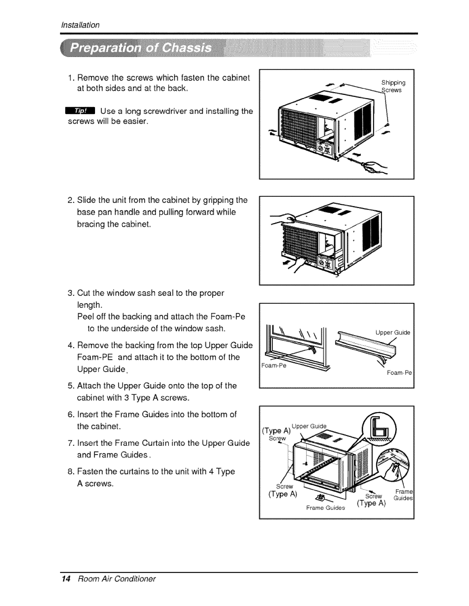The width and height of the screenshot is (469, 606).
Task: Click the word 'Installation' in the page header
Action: pos(80,25)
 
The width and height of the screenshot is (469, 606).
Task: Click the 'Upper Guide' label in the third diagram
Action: pos(393,332)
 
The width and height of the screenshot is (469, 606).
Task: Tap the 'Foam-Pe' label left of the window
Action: pos(274,365)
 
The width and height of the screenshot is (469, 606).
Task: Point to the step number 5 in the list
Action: pos(71,386)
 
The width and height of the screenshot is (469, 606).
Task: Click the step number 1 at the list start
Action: pos(71,78)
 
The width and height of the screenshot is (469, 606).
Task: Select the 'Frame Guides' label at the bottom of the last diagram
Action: pos(325,508)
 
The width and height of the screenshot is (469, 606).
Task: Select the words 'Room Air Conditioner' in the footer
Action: pos(116,578)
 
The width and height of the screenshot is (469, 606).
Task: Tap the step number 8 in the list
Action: pos(71,472)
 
